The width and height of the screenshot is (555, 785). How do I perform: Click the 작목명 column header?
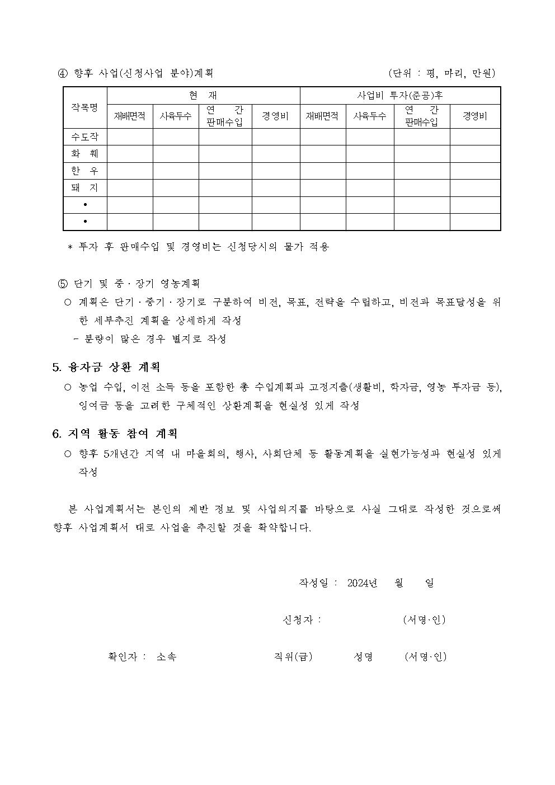(84, 107)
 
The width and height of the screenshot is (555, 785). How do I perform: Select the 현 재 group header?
(203, 96)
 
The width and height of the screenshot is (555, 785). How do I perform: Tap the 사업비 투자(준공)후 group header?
(400, 96)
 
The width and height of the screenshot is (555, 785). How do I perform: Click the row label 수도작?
(84, 137)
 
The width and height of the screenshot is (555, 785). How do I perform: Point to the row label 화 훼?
(84, 154)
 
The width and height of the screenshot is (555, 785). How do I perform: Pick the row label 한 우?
(84, 171)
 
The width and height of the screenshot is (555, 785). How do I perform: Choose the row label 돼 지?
(84, 188)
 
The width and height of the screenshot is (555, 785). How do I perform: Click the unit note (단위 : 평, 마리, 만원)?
(441, 73)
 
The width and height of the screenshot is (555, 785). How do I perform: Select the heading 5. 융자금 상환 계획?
(106, 367)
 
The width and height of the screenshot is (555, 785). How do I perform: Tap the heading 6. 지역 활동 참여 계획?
(115, 434)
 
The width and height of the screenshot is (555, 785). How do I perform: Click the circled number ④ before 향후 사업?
(63, 73)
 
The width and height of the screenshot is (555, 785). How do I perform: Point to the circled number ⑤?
(63, 284)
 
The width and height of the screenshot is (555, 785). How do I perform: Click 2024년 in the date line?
(362, 583)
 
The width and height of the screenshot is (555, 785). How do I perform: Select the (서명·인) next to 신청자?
(424, 620)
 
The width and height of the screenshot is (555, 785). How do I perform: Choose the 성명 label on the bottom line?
(363, 657)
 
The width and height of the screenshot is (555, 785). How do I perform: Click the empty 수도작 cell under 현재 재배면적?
(130, 137)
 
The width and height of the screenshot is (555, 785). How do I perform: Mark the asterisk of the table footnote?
(70, 247)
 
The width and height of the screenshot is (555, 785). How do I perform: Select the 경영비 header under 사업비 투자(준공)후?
(474, 116)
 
